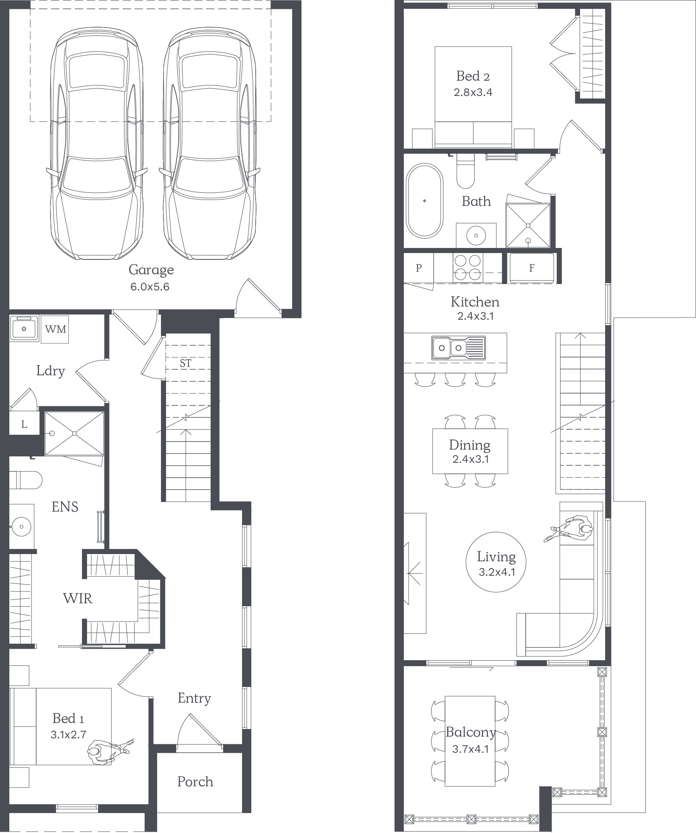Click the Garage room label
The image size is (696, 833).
tap(151, 270)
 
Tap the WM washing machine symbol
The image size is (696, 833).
tap(55, 329)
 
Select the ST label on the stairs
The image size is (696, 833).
tap(186, 363)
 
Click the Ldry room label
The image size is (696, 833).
tap(51, 371)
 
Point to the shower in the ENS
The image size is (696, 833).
tap(74, 433)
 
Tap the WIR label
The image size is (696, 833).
tap(78, 598)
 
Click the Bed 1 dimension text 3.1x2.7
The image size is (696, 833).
tap(68, 735)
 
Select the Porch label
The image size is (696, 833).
tap(195, 782)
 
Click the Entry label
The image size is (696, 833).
tap(194, 698)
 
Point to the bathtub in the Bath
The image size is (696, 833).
tap(424, 201)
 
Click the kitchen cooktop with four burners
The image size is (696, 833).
tap(468, 267)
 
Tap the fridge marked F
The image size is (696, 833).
tap(532, 268)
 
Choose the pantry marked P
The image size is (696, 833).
tap(419, 268)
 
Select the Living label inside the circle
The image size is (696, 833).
tap(496, 557)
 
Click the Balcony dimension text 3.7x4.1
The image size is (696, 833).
tap(470, 749)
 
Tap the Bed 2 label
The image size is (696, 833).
tap(473, 76)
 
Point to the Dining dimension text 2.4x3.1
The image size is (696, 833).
tap(471, 459)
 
